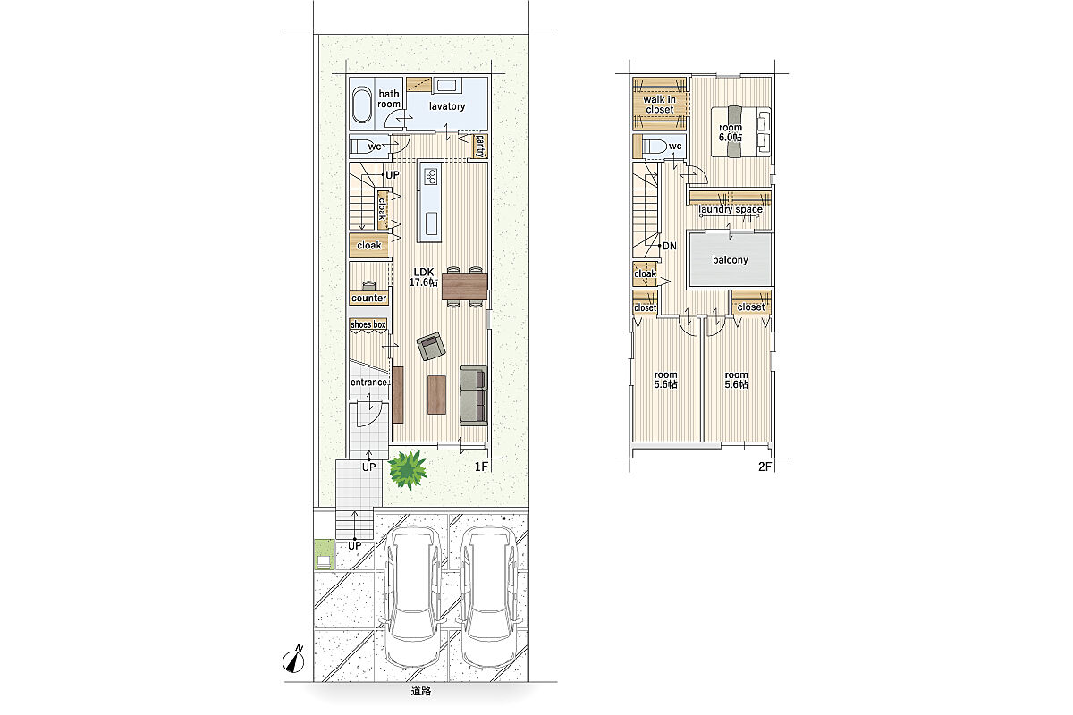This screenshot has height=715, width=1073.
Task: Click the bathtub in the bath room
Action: (x=361, y=105)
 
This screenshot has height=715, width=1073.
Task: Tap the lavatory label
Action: (x=447, y=106)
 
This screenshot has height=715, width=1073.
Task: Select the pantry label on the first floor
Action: (x=480, y=146)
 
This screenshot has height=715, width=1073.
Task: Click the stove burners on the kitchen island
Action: (x=432, y=176)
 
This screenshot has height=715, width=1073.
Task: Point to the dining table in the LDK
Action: (x=464, y=286)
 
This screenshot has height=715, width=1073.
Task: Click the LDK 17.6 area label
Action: (x=424, y=277)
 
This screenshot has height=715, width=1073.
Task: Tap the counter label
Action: (x=368, y=298)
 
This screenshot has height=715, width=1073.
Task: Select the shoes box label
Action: (x=368, y=324)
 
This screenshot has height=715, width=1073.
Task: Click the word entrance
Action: (x=368, y=383)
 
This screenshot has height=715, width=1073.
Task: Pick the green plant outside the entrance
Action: (x=408, y=469)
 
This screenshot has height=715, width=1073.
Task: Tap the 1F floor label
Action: (x=481, y=467)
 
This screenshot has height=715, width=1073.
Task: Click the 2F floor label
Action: (x=765, y=467)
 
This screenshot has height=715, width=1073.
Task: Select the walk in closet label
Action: (x=660, y=105)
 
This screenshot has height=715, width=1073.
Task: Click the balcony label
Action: (x=730, y=260)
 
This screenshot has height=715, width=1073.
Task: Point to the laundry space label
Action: (x=730, y=209)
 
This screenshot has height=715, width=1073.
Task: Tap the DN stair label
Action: (x=669, y=246)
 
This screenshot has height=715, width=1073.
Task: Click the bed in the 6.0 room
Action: (x=741, y=131)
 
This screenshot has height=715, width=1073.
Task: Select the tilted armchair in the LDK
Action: (x=431, y=346)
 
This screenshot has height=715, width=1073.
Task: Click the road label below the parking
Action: (x=420, y=691)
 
